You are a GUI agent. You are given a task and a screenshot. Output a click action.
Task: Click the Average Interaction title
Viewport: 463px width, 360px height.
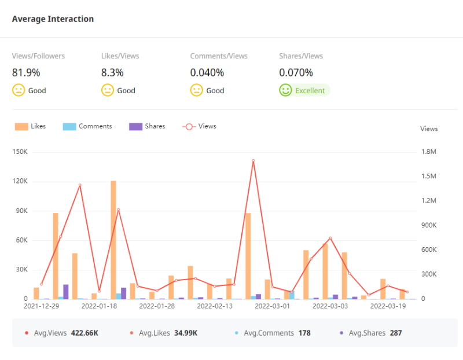point(53,19)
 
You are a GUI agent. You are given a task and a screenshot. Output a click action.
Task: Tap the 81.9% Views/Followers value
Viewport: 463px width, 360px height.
point(26,73)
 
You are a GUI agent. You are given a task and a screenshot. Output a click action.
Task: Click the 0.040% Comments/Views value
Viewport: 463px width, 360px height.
point(207,73)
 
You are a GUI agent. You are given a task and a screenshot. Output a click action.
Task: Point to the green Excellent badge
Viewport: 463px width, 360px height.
point(304,90)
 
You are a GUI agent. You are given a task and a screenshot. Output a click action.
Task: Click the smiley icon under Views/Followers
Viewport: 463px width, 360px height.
point(19,90)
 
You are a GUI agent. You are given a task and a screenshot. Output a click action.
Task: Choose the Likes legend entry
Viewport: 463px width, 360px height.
point(31,126)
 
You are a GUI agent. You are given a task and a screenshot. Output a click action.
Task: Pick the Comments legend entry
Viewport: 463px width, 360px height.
point(87,126)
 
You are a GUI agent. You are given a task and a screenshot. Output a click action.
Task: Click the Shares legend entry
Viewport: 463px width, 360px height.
point(147,126)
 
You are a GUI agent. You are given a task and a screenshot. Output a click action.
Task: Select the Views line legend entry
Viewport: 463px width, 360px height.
point(199,126)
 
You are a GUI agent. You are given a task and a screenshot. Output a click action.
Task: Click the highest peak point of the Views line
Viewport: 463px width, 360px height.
point(253,160)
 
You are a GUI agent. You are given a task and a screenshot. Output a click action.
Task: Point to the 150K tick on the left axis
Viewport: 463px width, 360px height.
point(20,152)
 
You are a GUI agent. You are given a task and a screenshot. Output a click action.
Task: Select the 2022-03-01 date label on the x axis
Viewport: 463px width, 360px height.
point(272,306)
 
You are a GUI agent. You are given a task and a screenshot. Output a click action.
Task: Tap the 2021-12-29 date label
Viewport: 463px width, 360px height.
point(41,306)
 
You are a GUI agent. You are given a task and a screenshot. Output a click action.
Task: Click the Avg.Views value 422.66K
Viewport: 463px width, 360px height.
point(84,333)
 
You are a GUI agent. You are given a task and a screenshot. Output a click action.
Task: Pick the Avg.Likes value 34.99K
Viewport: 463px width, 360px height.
point(186,333)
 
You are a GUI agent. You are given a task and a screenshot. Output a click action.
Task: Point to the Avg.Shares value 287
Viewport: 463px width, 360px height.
point(395,333)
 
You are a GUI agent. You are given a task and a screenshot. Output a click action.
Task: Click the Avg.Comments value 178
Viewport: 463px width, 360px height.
point(305,333)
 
